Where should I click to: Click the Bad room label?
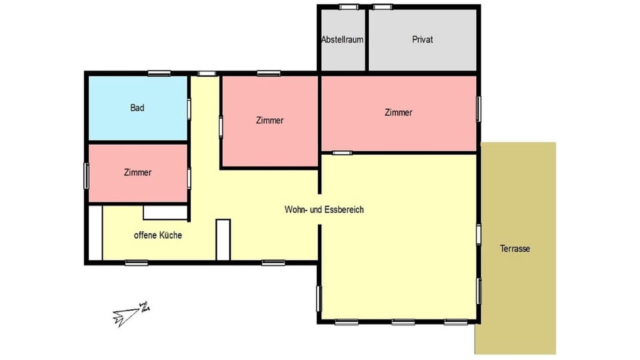137,107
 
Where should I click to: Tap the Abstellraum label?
342,39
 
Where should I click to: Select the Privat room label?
423,39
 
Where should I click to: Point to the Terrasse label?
515,249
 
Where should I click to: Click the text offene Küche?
158,235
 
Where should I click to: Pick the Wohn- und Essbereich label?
324,209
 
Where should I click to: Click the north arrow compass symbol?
131,313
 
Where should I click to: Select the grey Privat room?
423,53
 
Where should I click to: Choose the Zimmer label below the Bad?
137,172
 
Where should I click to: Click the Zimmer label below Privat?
399,113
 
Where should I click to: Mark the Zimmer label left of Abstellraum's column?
270,121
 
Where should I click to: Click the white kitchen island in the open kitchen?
223,239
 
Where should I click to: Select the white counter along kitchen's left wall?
95,233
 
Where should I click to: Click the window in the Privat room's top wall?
382,7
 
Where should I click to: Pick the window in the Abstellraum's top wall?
348,7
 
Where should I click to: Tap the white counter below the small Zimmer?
165,212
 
